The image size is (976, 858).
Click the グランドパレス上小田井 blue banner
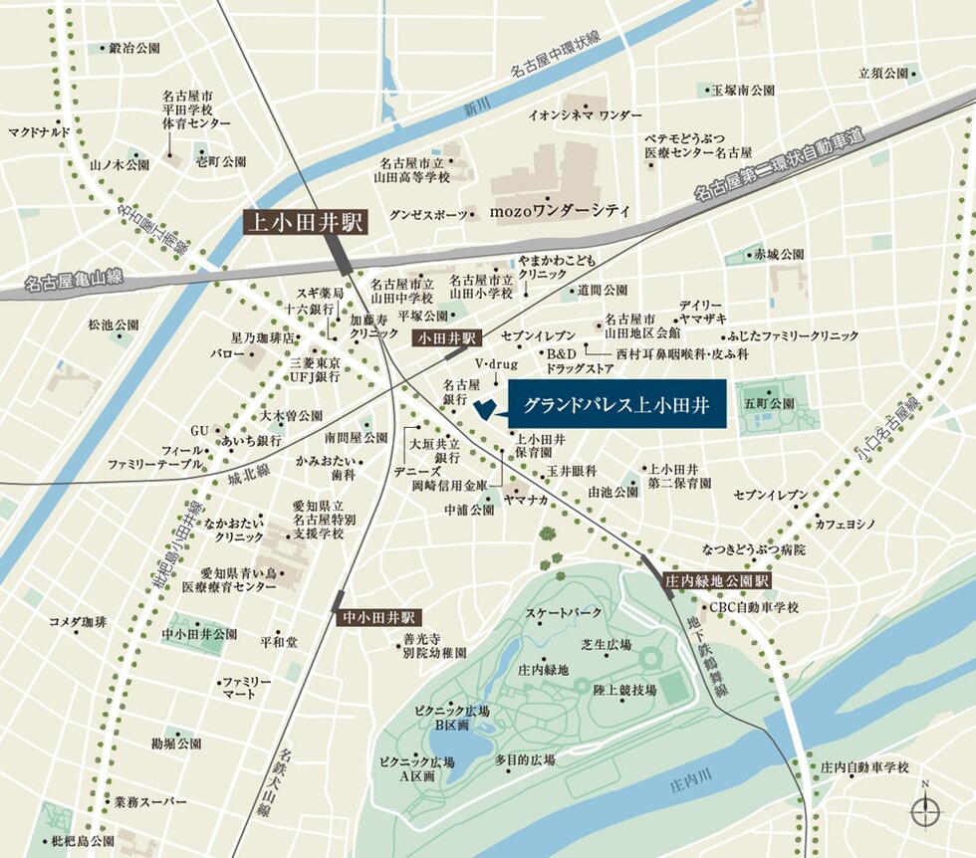pos(622,407)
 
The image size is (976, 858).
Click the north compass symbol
pos(925,810)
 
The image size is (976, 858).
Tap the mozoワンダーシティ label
pos(560,211)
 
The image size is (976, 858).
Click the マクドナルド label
pos(40,131)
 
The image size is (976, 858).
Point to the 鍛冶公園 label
pos(134,48)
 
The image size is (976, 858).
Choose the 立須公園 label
pos(883,73)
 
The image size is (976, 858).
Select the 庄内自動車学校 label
pos(864,767)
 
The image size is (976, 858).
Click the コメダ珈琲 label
pos(78,621)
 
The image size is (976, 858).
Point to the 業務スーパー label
pos(149,801)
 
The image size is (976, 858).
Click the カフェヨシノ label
pos(845,524)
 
